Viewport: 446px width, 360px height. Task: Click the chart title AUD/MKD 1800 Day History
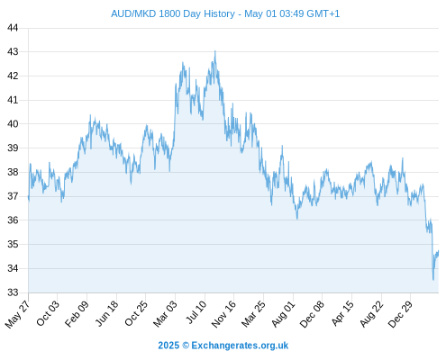point(173,13)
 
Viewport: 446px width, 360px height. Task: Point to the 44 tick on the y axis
point(13,28)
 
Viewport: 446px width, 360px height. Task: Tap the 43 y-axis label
point(13,52)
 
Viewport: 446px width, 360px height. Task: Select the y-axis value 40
point(13,124)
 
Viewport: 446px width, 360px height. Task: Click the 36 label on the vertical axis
point(13,220)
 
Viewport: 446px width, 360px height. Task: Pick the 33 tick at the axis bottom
point(13,292)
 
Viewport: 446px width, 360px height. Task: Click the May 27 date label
point(18,313)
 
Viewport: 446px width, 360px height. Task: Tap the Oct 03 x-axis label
point(49,313)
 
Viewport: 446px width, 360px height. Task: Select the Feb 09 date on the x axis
point(77,313)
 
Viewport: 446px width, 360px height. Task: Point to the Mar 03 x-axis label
point(166,313)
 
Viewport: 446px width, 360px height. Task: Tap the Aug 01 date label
point(284,313)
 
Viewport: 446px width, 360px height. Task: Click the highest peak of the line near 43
point(215,51)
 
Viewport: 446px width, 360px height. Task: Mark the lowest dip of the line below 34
point(433,280)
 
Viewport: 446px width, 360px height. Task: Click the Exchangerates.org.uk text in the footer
point(240,346)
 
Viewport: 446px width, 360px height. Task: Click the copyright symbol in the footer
point(186,346)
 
